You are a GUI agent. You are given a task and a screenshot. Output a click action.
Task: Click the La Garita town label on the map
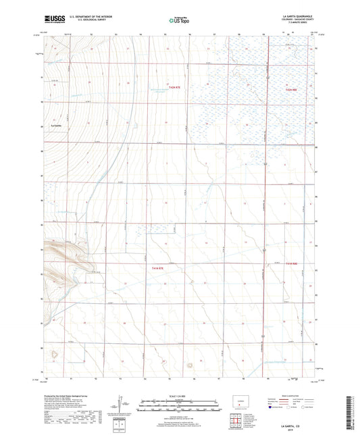coord(57,125)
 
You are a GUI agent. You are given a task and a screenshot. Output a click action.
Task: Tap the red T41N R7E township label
coord(154,269)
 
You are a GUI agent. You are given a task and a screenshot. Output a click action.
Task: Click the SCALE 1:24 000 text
coord(180,396)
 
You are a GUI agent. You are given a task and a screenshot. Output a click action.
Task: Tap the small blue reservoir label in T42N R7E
coord(157,91)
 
